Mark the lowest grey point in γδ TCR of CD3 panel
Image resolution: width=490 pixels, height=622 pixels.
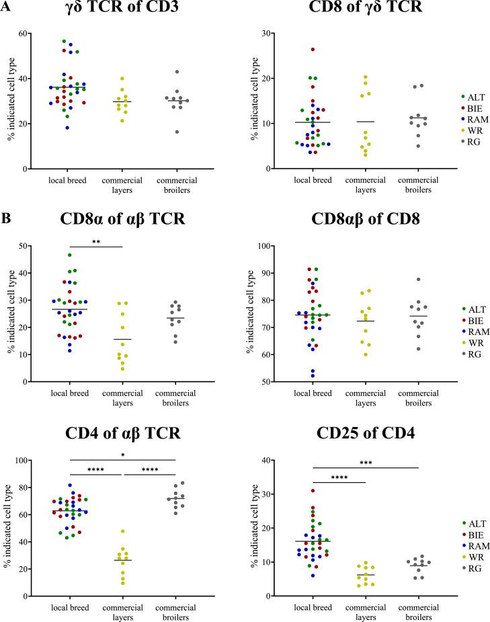(177, 132)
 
